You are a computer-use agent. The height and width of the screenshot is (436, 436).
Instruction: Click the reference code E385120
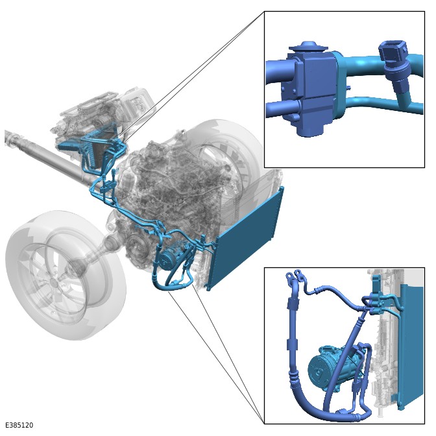pyautogui.click(x=19, y=425)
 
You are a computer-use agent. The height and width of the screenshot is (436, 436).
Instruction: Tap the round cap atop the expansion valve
pyautogui.click(x=307, y=47)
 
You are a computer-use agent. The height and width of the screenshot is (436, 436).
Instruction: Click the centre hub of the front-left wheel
pyautogui.click(x=54, y=283)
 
